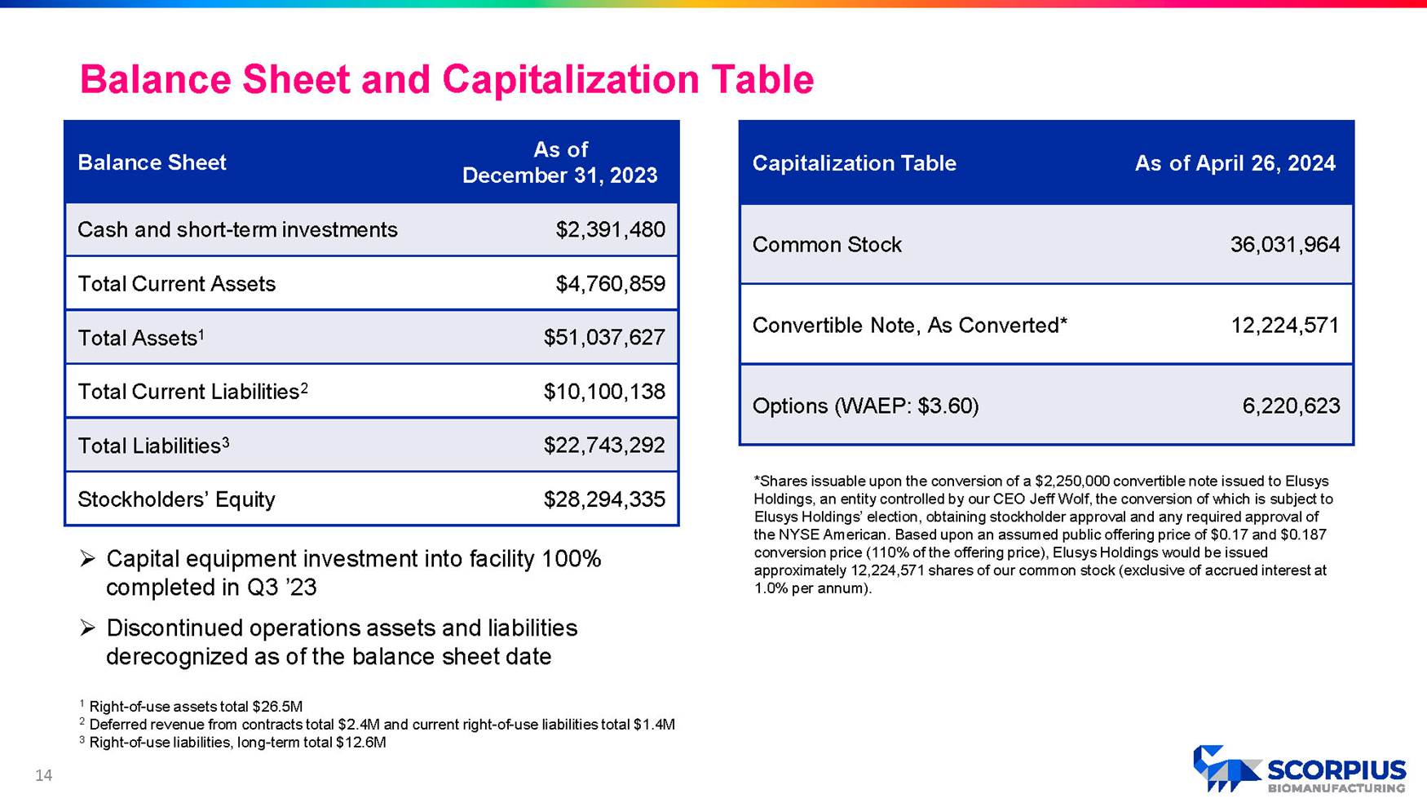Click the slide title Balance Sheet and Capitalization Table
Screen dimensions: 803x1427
click(x=446, y=80)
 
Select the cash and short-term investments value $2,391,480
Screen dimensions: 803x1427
click(x=610, y=230)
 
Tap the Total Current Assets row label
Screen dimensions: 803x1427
click(x=176, y=284)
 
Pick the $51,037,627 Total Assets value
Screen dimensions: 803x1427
click(x=604, y=338)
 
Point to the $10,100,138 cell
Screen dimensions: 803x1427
click(x=604, y=392)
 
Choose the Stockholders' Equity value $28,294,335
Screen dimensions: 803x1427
click(x=604, y=499)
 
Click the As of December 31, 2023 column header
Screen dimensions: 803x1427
click(x=559, y=162)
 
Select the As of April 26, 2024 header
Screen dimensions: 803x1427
click(x=1235, y=163)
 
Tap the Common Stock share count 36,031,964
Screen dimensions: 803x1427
click(x=1284, y=245)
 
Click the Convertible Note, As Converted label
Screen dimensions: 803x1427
click(x=909, y=326)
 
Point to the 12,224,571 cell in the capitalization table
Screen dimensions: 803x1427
click(x=1284, y=326)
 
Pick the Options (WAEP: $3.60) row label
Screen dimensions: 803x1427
click(x=865, y=406)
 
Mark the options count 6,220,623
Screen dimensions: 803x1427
click(x=1291, y=406)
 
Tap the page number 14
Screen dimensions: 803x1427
click(x=43, y=775)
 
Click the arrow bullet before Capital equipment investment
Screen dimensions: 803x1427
click(x=87, y=559)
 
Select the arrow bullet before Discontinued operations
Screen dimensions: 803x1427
click(x=87, y=628)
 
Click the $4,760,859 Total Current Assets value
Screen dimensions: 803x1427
click(x=610, y=284)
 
